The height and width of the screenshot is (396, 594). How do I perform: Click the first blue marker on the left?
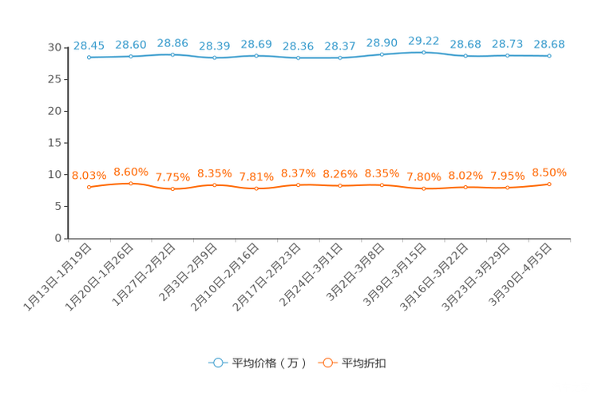[x=89, y=57]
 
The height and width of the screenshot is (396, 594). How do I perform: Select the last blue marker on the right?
[x=549, y=56]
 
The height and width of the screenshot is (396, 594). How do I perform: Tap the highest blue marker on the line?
[x=423, y=52]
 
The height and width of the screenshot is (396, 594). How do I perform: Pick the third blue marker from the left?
[x=172, y=54]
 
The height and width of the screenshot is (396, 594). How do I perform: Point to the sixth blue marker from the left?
[x=298, y=57]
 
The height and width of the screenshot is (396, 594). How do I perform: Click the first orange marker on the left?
[x=89, y=187]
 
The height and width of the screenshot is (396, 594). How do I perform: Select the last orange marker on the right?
[x=549, y=184]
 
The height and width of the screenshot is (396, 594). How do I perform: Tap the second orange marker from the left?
[x=131, y=183]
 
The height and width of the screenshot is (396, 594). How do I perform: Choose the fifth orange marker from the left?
[x=256, y=188]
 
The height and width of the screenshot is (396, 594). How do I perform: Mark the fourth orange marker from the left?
[x=214, y=184]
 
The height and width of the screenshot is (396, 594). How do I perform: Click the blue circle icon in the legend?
[x=217, y=362]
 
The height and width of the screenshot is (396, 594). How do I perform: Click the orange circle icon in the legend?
[x=327, y=362]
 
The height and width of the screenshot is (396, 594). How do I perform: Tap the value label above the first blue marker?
[x=89, y=46]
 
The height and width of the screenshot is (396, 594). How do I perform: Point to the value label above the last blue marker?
[x=549, y=44]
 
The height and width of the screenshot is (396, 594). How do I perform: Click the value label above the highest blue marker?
[x=423, y=40]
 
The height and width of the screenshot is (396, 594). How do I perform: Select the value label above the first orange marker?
[x=89, y=175]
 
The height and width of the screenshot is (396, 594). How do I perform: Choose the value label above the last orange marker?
[x=549, y=172]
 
